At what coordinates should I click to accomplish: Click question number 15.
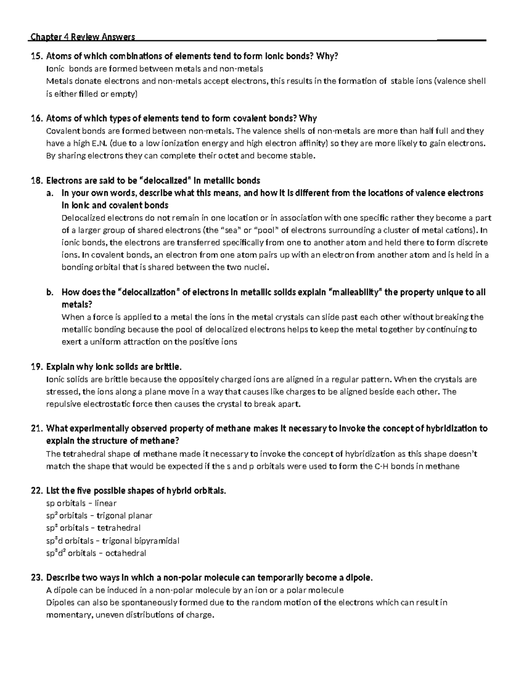click(37, 56)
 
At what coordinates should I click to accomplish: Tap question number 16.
click(37, 118)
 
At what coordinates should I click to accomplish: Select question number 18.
click(37, 181)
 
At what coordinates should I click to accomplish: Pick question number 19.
click(37, 366)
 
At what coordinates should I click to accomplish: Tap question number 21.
click(37, 429)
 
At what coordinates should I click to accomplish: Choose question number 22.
click(37, 491)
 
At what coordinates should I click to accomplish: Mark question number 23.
click(37, 578)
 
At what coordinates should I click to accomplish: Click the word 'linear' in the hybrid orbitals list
click(106, 503)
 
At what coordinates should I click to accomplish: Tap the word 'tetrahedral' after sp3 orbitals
click(119, 528)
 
